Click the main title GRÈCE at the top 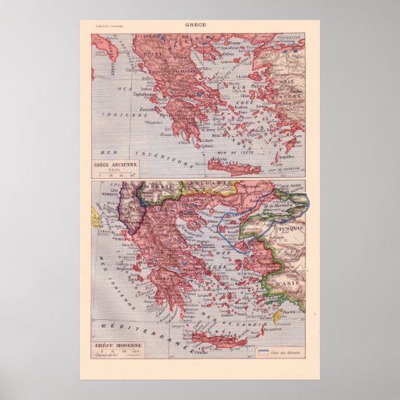(199, 24)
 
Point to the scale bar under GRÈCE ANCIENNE (113, 175)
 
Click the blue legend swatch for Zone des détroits (263, 351)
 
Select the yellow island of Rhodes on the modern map (278, 315)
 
